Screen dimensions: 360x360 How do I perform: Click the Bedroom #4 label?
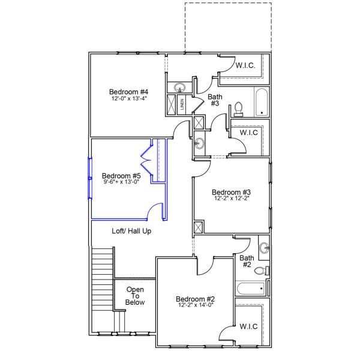click(128, 92)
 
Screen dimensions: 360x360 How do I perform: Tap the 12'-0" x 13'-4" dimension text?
click(128, 98)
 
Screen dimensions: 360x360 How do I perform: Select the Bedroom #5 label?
click(121, 175)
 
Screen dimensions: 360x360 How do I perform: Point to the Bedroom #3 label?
click(230, 193)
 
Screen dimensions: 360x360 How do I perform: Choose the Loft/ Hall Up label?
click(131, 230)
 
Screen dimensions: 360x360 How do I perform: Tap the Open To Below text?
click(135, 296)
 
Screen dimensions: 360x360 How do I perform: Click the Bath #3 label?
click(214, 100)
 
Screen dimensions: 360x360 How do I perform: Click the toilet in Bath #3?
click(238, 109)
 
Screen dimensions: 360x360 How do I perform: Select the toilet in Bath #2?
click(260, 271)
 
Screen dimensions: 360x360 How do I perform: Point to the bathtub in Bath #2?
click(251, 289)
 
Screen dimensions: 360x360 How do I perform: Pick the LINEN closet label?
click(182, 104)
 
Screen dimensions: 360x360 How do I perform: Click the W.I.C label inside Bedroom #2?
click(248, 327)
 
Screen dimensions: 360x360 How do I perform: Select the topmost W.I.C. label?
click(246, 66)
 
